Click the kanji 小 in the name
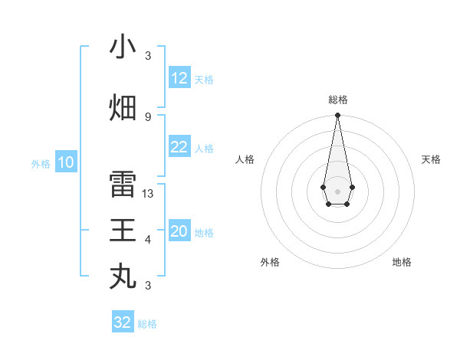pyautogui.click(x=123, y=47)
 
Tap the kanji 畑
pyautogui.click(x=123, y=107)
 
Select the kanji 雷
pyautogui.click(x=123, y=185)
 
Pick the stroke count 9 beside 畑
pyautogui.click(x=148, y=116)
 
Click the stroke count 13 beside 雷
pyautogui.click(x=148, y=194)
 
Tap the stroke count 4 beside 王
pyautogui.click(x=148, y=240)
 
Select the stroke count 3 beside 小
pyautogui.click(x=148, y=56)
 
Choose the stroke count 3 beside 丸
pyautogui.click(x=148, y=286)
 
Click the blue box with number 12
pyautogui.click(x=179, y=78)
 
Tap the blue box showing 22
pyautogui.click(x=179, y=147)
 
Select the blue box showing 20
pyautogui.click(x=179, y=231)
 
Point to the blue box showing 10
pyautogui.click(x=66, y=162)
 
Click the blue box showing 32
pyautogui.click(x=123, y=322)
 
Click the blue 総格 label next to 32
pyautogui.click(x=147, y=324)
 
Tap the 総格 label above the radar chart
pyautogui.click(x=338, y=100)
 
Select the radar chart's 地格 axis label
pyautogui.click(x=402, y=262)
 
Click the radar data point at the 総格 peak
pyautogui.click(x=337, y=116)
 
